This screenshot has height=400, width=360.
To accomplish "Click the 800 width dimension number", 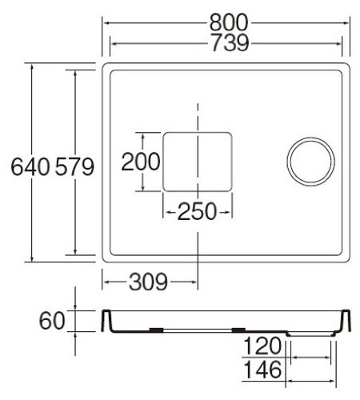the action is tap(229, 22).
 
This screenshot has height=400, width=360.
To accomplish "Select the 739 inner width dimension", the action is tap(230, 42).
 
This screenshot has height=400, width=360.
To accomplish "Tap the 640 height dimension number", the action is tap(30, 166).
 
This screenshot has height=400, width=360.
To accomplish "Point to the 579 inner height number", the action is tap(74, 166).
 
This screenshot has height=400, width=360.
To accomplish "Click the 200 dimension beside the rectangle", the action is tap(141, 162).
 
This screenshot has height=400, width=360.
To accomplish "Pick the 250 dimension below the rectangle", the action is tap(197, 211).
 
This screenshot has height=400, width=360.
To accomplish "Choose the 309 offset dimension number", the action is tap(148, 282).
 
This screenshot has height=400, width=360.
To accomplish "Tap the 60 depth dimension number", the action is tap(52, 321).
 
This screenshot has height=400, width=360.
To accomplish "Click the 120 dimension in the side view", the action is tap(262, 346).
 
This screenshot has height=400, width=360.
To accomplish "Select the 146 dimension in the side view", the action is tap(262, 370).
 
